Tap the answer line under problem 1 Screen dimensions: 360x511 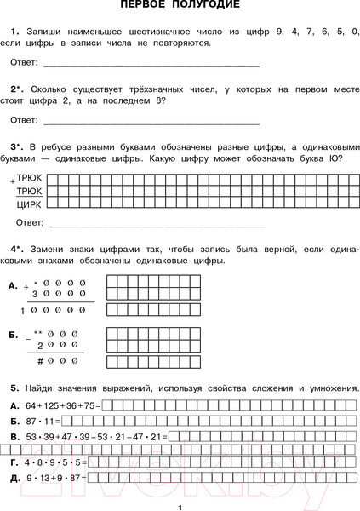(151, 65)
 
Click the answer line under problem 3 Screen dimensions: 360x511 (157, 225)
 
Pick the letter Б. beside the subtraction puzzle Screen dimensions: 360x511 (12, 335)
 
